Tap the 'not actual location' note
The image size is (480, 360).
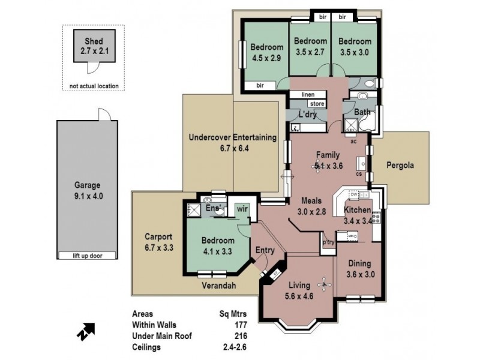(94, 86)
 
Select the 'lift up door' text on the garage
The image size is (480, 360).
(88, 256)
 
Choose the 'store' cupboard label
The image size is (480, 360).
(317, 104)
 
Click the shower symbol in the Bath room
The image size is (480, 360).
(349, 125)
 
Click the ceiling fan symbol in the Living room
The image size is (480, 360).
(325, 283)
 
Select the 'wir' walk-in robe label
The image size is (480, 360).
(242, 208)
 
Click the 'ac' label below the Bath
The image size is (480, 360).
(354, 142)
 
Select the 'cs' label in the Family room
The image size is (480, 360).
(358, 174)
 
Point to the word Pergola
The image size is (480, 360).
(400, 165)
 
